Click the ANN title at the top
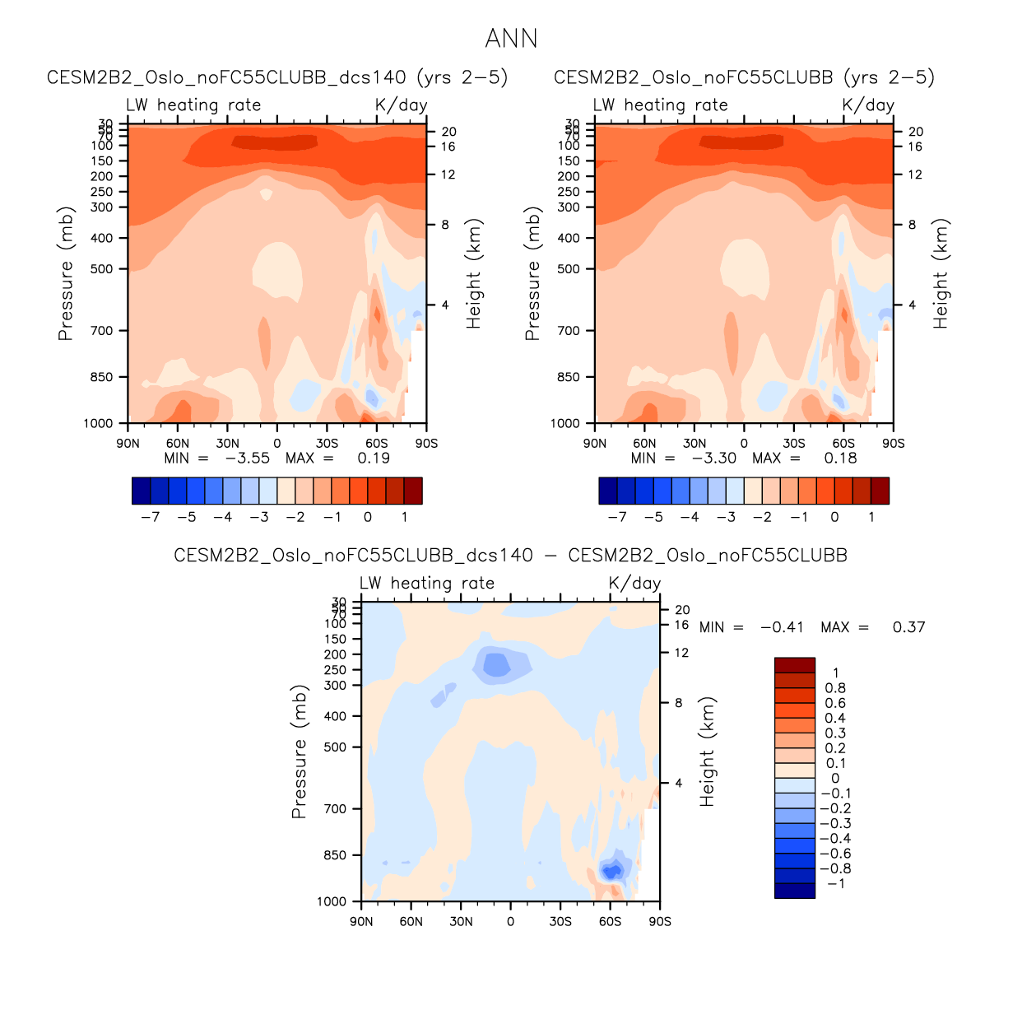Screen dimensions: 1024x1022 [511, 39]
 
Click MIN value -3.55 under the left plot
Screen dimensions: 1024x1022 [248, 458]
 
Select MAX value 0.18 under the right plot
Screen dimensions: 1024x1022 [840, 458]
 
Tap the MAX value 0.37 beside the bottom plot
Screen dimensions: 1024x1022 [908, 627]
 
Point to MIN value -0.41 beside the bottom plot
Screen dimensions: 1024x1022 [782, 627]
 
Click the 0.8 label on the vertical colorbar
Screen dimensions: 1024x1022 [835, 688]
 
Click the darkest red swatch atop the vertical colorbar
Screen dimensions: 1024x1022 [794, 665]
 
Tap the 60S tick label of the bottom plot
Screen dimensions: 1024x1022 [610, 921]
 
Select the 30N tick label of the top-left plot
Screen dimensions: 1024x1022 [227, 443]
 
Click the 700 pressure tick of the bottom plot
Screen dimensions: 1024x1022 [335, 809]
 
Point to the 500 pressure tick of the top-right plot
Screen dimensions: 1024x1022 [569, 269]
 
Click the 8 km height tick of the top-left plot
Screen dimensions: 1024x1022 [445, 225]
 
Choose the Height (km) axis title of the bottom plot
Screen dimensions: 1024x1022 [708, 752]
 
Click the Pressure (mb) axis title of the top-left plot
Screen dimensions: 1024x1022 [66, 273]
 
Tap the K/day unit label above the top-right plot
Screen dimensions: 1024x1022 [868, 105]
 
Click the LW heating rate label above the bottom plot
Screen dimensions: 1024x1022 [426, 584]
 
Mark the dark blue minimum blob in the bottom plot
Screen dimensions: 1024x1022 [611, 871]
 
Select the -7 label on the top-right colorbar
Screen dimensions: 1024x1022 [617, 517]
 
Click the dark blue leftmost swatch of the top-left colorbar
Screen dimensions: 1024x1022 [141, 491]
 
